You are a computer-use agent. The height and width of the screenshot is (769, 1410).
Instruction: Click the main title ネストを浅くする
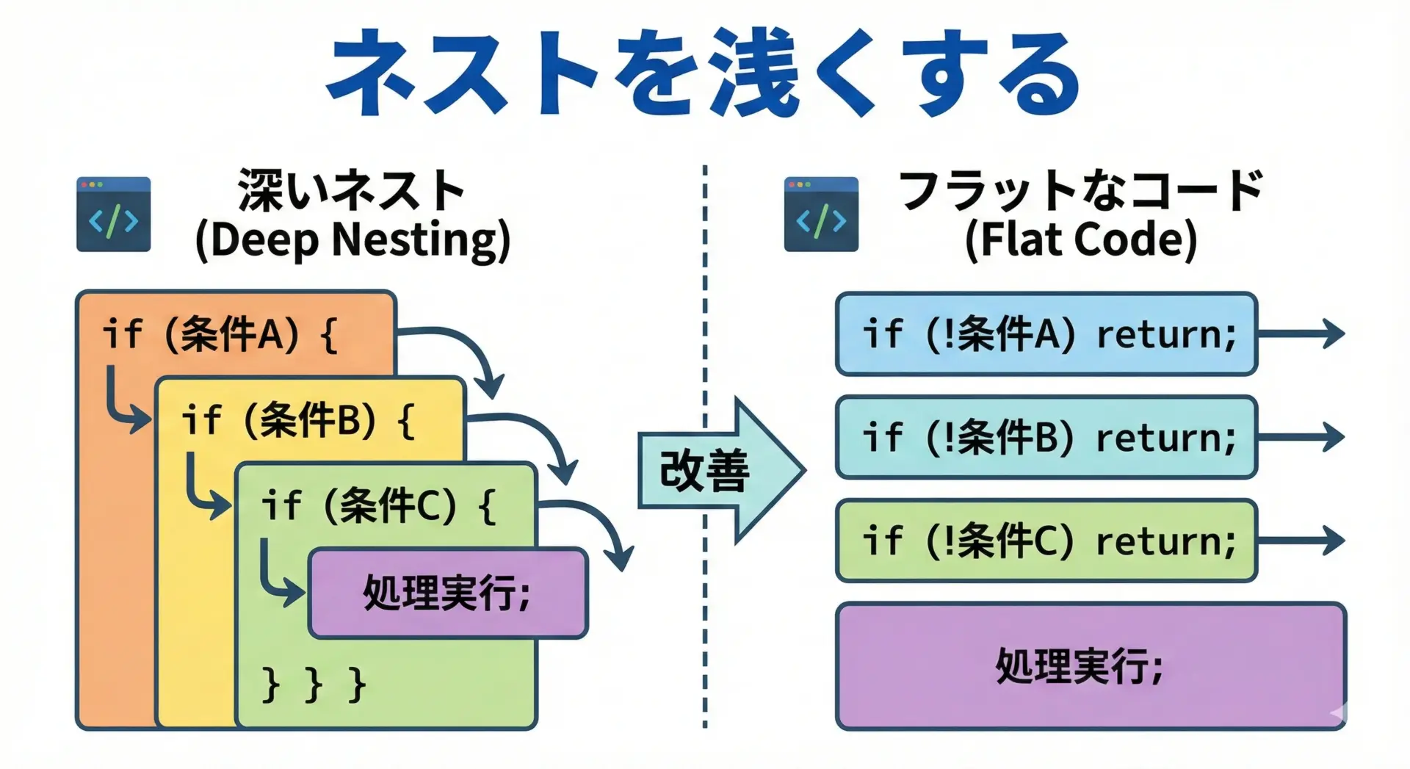point(704,73)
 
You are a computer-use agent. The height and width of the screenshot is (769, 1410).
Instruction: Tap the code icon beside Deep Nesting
point(113,214)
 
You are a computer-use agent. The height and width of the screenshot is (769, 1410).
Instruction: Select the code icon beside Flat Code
point(821,214)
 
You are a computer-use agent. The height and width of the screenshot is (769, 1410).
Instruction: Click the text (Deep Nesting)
point(352,241)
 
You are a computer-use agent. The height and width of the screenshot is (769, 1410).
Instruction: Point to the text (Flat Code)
point(1080,241)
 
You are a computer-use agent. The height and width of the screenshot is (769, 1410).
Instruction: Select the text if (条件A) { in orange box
point(220,335)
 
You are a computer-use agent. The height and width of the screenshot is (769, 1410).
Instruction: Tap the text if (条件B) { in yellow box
point(298,420)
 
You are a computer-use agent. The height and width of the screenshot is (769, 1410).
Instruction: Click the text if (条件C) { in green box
point(378,506)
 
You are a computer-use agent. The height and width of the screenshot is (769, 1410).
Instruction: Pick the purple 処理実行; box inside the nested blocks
point(448,593)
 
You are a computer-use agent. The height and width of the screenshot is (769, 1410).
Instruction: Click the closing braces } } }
point(314,685)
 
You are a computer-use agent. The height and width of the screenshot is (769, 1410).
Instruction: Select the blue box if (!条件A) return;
point(1046,334)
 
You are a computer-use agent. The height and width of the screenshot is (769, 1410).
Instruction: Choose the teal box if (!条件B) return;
point(1046,438)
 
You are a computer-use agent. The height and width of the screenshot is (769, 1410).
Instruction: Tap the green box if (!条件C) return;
point(1046,541)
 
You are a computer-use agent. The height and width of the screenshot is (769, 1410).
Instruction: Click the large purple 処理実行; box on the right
point(1091,667)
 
